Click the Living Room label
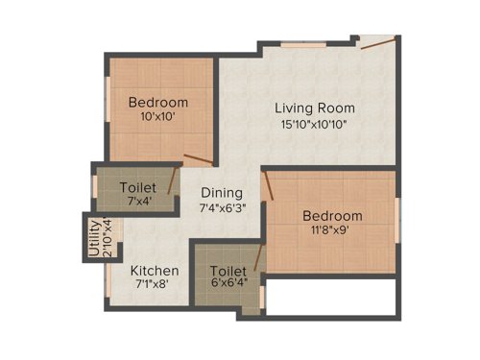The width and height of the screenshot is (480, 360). tap(314, 108)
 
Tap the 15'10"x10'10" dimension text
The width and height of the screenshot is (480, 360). tap(314, 124)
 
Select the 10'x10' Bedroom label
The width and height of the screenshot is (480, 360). tap(158, 103)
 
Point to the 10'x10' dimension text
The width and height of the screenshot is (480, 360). tap(158, 118)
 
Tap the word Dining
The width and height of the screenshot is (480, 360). tap(222, 192)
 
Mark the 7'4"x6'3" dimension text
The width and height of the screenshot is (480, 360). tap(222, 207)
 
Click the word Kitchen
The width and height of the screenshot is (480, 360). tap(155, 270)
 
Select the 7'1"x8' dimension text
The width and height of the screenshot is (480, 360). tap(155, 285)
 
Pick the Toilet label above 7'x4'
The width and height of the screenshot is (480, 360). tap(138, 186)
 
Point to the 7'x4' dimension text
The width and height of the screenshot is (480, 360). tap(138, 202)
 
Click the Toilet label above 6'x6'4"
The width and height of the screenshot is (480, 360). tap(228, 270)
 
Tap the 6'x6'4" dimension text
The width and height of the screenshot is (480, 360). tap(228, 285)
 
